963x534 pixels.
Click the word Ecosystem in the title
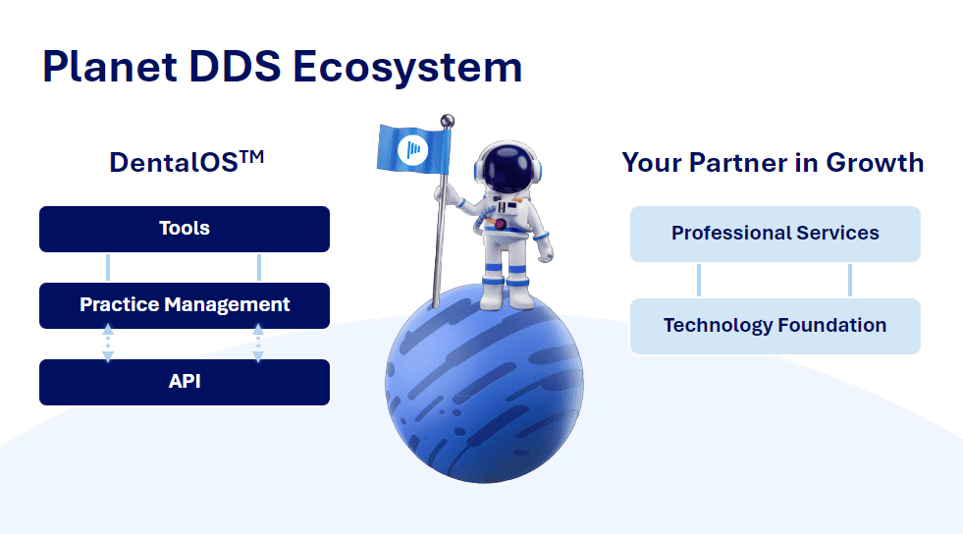click(407, 68)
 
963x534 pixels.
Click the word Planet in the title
click(110, 67)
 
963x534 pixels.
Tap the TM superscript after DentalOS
click(252, 157)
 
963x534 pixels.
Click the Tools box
click(185, 229)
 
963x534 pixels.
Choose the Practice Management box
click(185, 305)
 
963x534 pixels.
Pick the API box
click(185, 382)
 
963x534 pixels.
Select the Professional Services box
click(776, 234)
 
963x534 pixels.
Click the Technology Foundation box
click(776, 326)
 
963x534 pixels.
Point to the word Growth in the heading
click(875, 163)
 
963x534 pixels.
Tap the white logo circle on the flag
click(412, 150)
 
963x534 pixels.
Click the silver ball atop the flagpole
click(448, 121)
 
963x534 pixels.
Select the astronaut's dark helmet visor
click(508, 168)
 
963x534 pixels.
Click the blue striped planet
click(484, 384)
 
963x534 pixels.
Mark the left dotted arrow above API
click(108, 344)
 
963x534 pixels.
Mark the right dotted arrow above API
click(258, 344)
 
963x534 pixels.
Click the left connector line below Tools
click(108, 268)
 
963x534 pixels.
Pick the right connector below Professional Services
click(850, 280)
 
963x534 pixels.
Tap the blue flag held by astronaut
click(413, 148)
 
